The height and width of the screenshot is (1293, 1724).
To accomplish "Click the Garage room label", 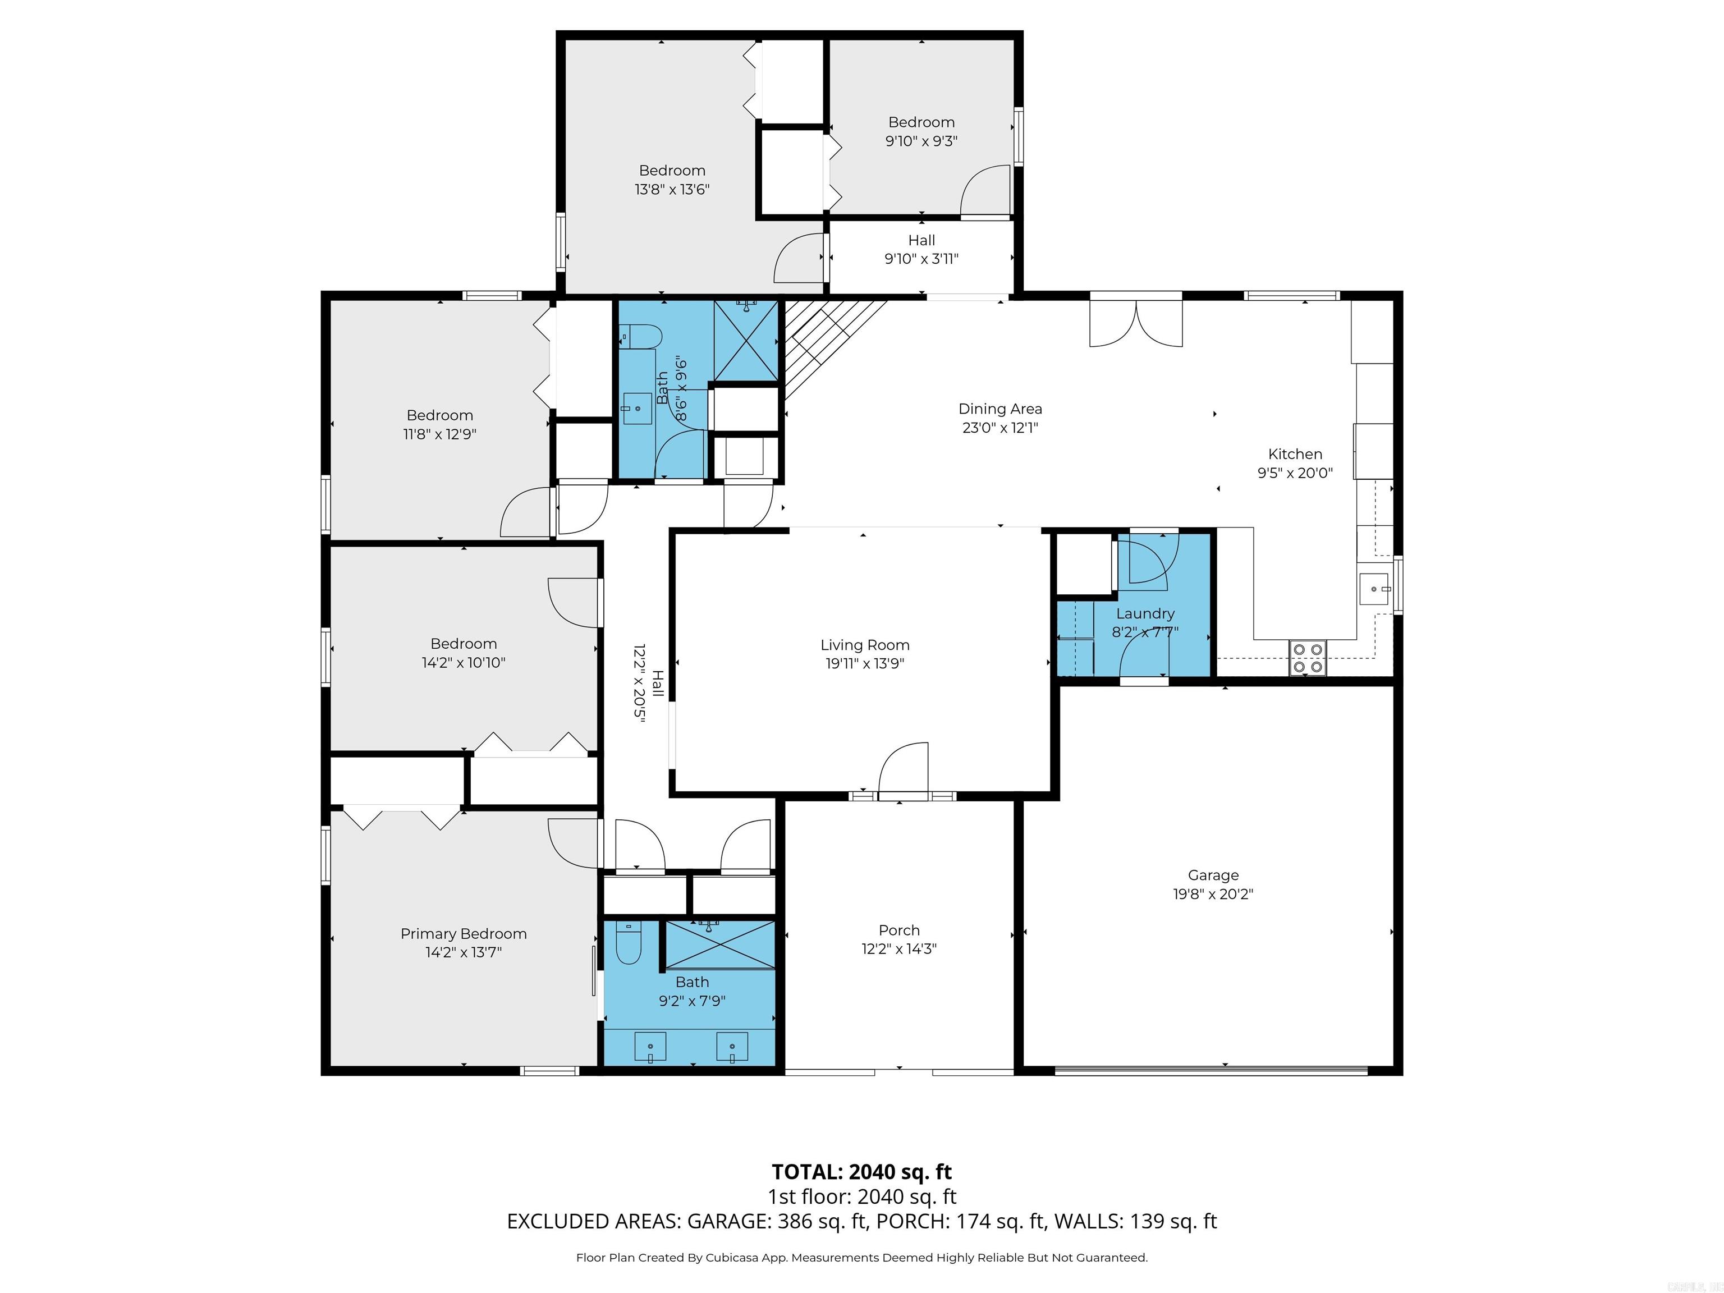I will [x=1213, y=875].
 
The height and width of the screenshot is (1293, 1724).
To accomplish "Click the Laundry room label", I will [x=1144, y=613].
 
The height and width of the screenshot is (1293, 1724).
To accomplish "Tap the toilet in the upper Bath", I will [x=644, y=337].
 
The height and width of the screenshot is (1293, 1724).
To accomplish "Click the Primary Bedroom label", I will [x=463, y=934].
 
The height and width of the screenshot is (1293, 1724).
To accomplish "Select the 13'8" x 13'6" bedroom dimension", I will [x=672, y=189].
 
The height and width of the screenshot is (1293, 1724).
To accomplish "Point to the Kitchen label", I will [x=1295, y=453].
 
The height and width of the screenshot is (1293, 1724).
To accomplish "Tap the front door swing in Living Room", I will [x=904, y=768].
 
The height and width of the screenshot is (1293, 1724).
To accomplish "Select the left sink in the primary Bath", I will [x=650, y=1047].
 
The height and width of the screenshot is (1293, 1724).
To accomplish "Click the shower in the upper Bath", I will [x=746, y=341].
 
